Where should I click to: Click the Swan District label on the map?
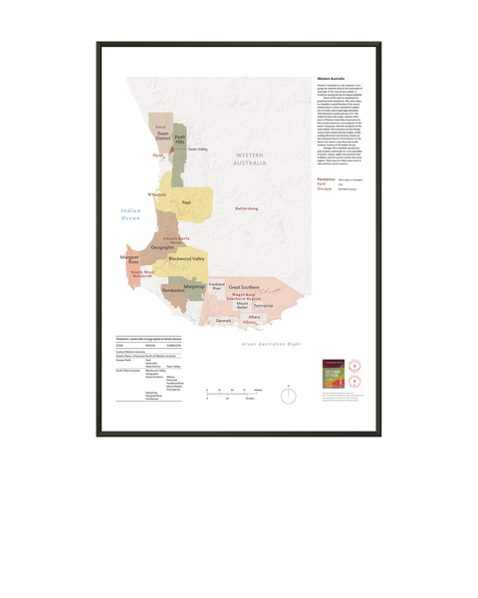(163, 136)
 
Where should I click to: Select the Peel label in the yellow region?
(185, 201)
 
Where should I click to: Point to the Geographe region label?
(163, 247)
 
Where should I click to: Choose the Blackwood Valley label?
(186, 258)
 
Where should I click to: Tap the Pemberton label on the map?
(173, 290)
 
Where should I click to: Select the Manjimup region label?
(194, 286)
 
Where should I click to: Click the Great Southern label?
(244, 286)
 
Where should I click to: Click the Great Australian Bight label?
(271, 343)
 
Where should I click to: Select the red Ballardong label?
(246, 208)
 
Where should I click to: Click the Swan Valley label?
(197, 149)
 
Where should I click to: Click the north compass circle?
(288, 395)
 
